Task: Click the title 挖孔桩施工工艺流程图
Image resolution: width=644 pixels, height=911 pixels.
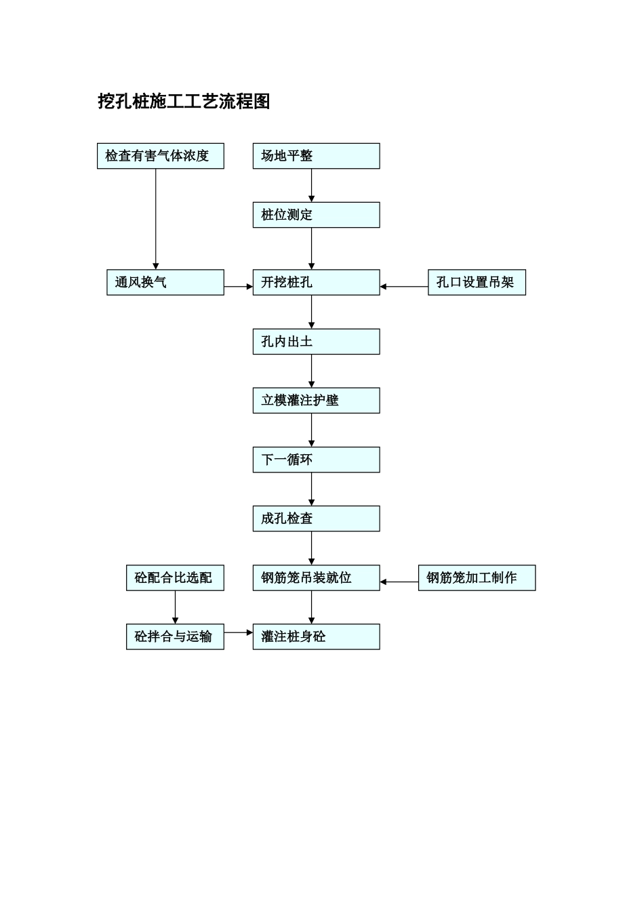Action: pos(184,102)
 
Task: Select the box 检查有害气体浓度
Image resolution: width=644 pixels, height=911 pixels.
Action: pos(160,156)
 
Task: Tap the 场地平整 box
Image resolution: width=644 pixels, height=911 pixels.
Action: pos(316,156)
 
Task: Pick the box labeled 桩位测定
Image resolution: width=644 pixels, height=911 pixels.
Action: pos(316,215)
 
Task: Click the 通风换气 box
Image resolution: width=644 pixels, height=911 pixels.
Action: pos(165,283)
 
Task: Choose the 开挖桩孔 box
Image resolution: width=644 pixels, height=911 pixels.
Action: pos(316,283)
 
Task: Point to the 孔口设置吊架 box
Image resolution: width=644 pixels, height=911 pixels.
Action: pos(477,283)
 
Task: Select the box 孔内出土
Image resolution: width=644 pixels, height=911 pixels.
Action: pos(316,342)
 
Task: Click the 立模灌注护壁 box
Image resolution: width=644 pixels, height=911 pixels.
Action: pos(316,401)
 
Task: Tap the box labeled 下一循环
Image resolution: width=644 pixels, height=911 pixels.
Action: pos(316,460)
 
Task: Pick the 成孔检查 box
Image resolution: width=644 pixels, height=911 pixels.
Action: pos(316,519)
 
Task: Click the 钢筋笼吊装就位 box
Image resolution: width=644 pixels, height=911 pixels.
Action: pos(316,578)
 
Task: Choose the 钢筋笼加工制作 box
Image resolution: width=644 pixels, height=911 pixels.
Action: pos(477,578)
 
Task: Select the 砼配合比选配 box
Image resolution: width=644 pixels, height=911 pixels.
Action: pos(175,578)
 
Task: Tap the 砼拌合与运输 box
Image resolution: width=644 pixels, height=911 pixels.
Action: pos(175,637)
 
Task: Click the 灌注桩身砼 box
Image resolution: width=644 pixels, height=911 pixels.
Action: pos(316,637)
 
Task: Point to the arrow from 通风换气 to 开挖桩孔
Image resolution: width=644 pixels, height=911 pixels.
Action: pos(238,287)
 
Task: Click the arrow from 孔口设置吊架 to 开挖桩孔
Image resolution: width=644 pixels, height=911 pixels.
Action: pos(404,287)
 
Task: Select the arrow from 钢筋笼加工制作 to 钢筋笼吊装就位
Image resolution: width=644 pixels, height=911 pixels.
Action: pos(399,582)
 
